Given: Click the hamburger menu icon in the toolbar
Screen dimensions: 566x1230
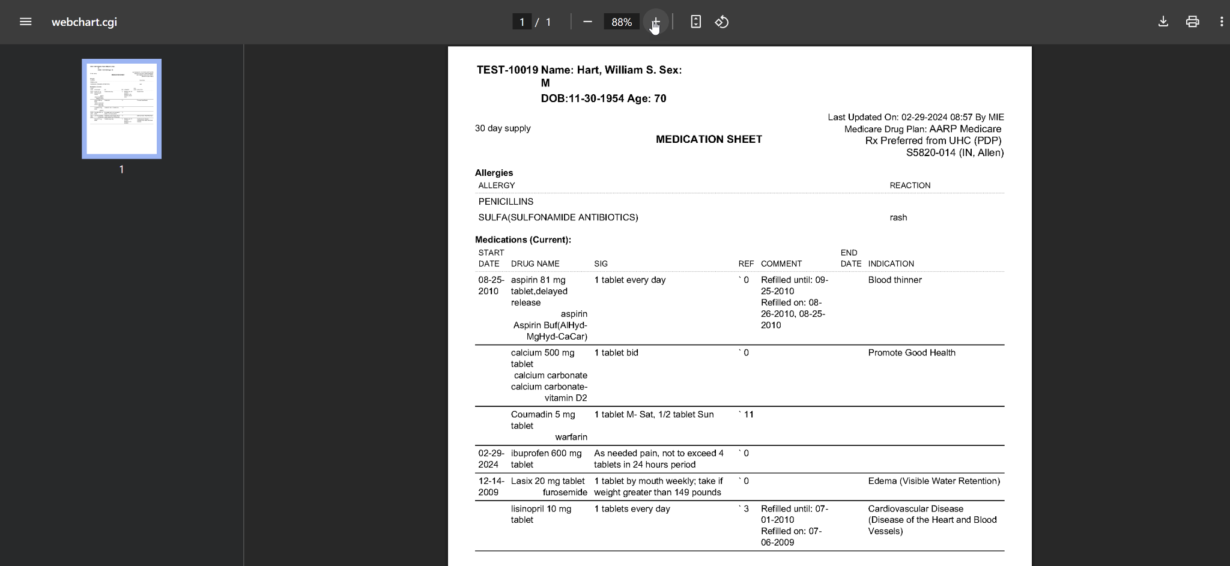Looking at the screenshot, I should click(25, 22).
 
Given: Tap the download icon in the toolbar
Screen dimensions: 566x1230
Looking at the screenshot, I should click(1163, 22).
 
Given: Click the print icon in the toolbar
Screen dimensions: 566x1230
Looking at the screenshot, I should click(1192, 22).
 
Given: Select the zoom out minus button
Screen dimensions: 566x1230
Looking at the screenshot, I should click(587, 22).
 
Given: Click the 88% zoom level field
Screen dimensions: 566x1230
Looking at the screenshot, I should click(621, 22).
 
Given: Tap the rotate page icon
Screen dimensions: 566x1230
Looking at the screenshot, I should click(721, 22).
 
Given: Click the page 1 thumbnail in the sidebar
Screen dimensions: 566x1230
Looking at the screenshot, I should click(121, 109).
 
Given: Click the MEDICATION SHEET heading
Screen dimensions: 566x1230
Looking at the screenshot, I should click(709, 139).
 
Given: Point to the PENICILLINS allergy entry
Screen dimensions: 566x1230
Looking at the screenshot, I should click(506, 202).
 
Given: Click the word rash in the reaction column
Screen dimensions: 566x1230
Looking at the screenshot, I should click(898, 218).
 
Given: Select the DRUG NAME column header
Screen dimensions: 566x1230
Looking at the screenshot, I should click(535, 264).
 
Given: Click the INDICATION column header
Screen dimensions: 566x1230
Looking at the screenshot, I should click(891, 264).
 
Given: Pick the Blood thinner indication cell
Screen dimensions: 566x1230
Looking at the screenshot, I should click(894, 280).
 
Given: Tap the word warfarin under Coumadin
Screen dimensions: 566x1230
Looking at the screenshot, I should click(571, 437).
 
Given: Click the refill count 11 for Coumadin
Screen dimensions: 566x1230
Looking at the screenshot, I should click(748, 415).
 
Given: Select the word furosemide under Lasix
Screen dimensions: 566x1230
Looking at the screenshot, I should click(565, 493).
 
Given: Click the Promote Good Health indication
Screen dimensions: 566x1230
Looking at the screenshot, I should click(911, 353).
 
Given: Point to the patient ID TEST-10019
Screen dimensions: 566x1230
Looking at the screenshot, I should click(507, 70).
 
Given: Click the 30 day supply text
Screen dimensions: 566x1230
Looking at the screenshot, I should click(503, 128).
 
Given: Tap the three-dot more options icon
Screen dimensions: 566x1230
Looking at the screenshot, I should click(1221, 22).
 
